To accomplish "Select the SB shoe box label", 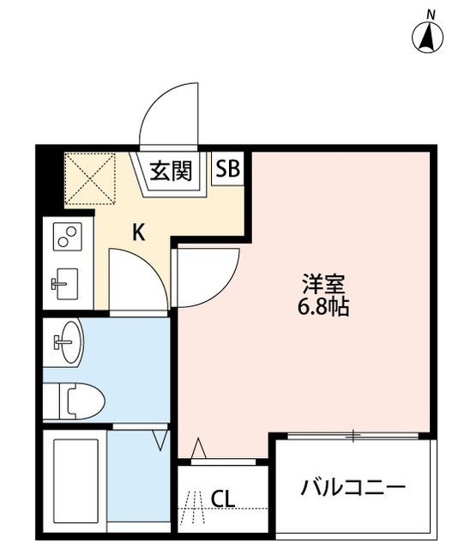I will point(227,169).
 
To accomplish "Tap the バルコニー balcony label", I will point(352,489).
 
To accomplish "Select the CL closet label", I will point(223,498).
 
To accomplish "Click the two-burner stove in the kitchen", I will point(66,236).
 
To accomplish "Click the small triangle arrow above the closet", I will point(198,448).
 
